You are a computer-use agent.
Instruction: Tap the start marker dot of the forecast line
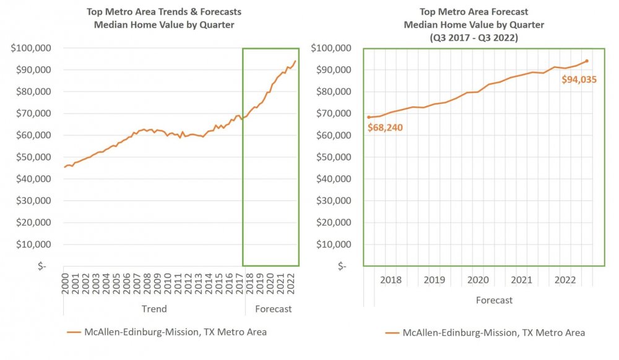click(369, 117)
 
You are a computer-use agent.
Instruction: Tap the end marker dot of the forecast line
click(586, 61)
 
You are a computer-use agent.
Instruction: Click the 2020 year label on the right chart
click(478, 280)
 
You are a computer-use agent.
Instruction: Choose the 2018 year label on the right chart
click(391, 280)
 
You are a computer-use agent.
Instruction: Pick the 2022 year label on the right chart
click(565, 280)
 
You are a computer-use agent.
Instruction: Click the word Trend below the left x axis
click(154, 309)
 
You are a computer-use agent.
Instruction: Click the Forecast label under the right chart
click(494, 300)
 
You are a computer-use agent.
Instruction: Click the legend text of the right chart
click(494, 332)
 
